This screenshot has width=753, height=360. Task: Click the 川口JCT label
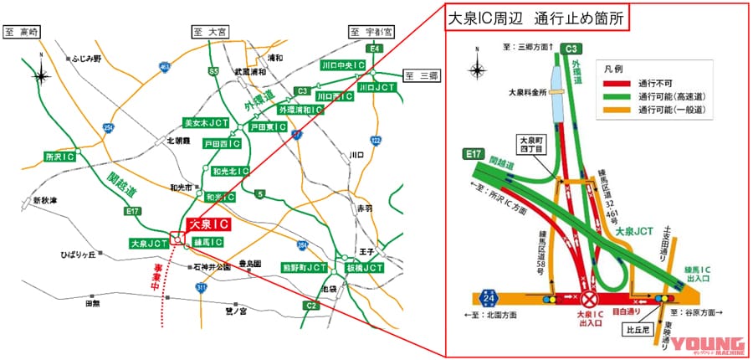[376, 86]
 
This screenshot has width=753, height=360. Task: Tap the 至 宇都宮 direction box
[371, 32]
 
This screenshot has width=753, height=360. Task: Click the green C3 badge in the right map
[572, 49]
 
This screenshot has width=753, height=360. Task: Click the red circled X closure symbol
[591, 298]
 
